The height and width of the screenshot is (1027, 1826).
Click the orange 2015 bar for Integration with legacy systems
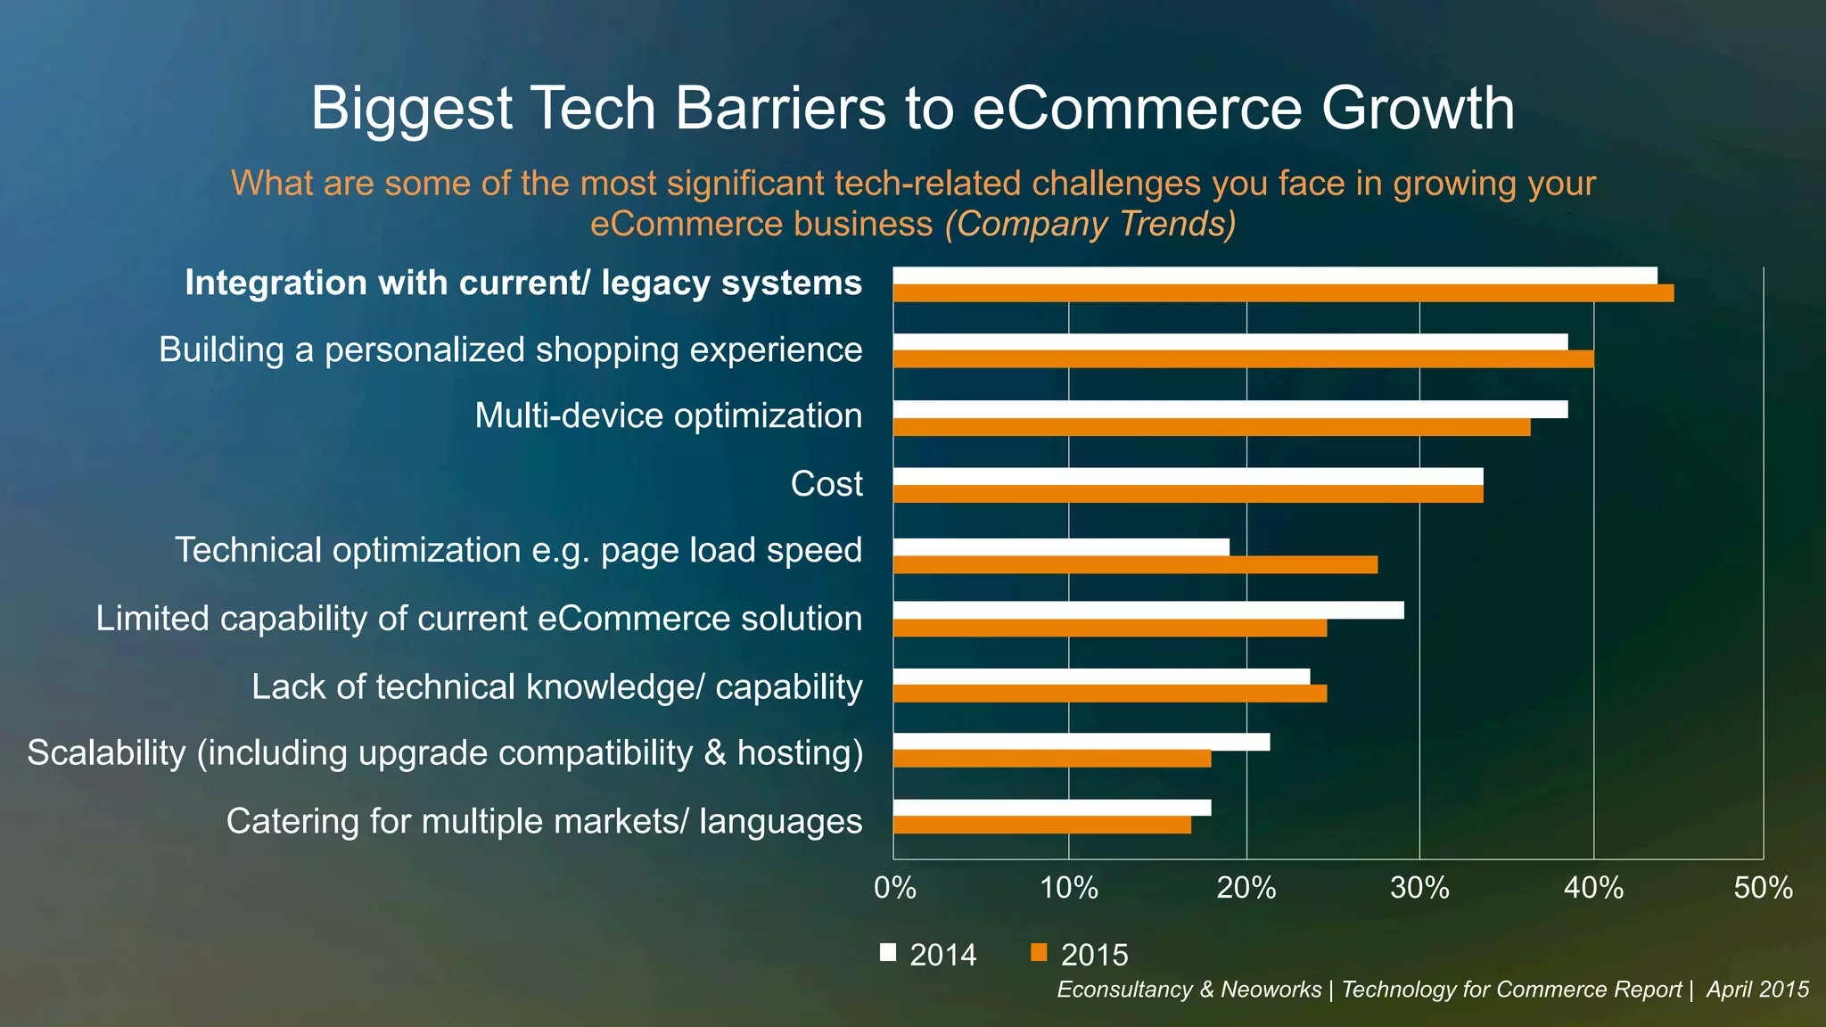pyautogui.click(x=1283, y=293)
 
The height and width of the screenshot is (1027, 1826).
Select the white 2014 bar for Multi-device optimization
pyautogui.click(x=1230, y=409)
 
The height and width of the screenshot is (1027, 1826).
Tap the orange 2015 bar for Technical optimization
pyautogui.click(x=1135, y=564)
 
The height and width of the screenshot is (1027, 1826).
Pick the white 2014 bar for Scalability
pyautogui.click(x=1081, y=742)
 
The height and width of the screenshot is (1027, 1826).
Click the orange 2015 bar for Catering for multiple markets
pyautogui.click(x=1041, y=826)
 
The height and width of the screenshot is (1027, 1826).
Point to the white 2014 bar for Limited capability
pyautogui.click(x=1147, y=610)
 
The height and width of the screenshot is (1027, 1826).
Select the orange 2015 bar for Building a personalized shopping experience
pyautogui.click(x=1243, y=359)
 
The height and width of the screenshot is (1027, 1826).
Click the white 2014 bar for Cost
pyautogui.click(x=1188, y=476)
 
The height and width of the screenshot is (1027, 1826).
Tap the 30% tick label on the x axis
pyautogui.click(x=1419, y=888)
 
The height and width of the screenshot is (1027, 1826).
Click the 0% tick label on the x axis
pyautogui.click(x=894, y=888)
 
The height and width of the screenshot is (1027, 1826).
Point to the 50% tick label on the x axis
pyautogui.click(x=1763, y=888)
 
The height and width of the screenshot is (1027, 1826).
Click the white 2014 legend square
pyautogui.click(x=888, y=952)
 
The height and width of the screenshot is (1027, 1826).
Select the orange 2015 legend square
pyautogui.click(x=1038, y=952)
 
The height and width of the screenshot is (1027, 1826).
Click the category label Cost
pyautogui.click(x=827, y=484)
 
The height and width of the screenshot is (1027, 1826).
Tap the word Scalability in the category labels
pyautogui.click(x=106, y=753)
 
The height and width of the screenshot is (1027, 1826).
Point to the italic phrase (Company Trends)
pyautogui.click(x=1090, y=224)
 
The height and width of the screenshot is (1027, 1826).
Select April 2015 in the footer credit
pyautogui.click(x=1756, y=990)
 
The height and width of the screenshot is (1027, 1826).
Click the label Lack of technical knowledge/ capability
pyautogui.click(x=556, y=687)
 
